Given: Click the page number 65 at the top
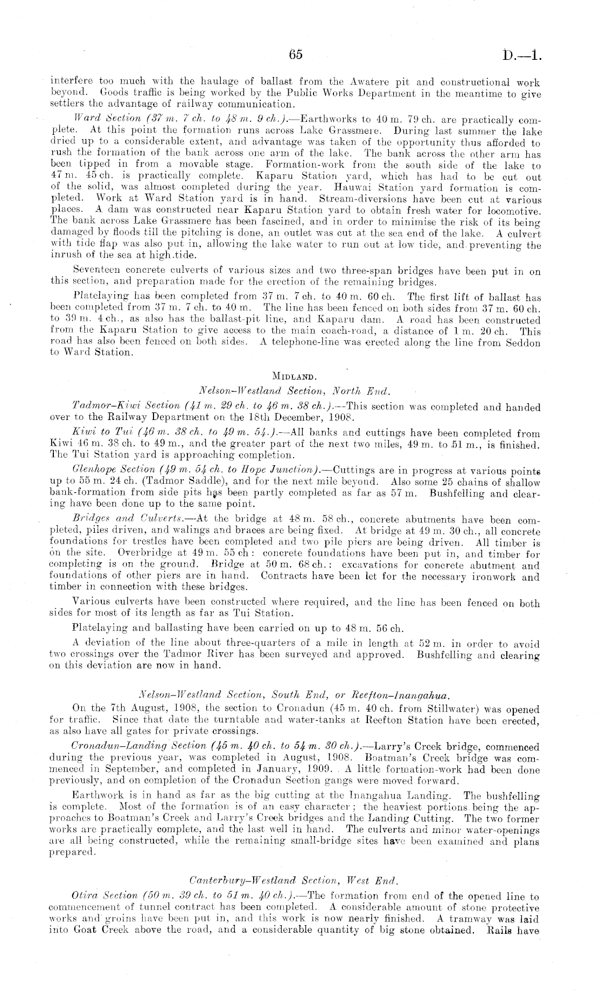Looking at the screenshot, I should tap(296, 54).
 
